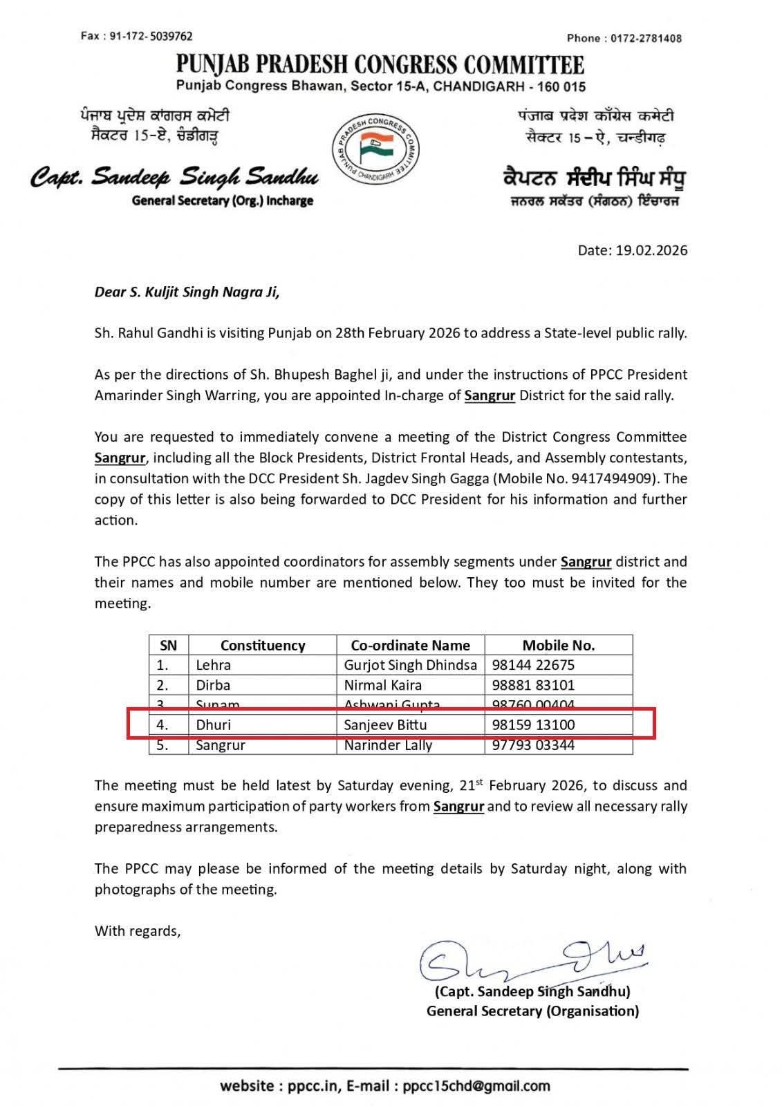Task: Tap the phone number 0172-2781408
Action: [x=646, y=38]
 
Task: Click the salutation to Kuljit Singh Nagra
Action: [x=187, y=292]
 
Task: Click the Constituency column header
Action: [x=263, y=646]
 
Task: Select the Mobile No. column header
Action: [x=558, y=646]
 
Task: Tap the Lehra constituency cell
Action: [x=214, y=665]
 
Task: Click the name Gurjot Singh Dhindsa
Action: [x=411, y=665]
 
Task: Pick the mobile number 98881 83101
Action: [x=533, y=685]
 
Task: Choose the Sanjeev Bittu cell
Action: [x=385, y=725]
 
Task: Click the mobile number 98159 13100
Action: [x=533, y=725]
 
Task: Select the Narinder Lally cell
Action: [x=388, y=745]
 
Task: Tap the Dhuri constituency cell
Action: [x=214, y=725]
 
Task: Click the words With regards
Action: [x=138, y=931]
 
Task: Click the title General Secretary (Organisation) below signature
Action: [x=532, y=1011]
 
